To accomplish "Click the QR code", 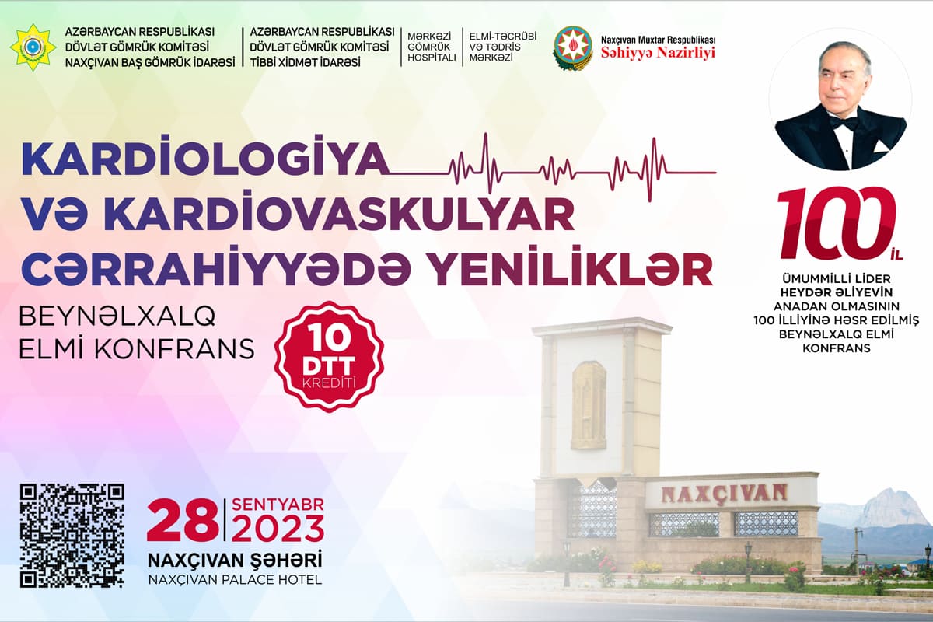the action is (72, 536).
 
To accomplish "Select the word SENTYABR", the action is (278, 505).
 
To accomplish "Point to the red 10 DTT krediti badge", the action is (329, 357).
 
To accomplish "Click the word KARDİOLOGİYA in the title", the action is (204, 159).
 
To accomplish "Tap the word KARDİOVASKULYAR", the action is (342, 215).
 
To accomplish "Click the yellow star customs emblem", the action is (33, 47).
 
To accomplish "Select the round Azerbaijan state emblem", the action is (573, 48).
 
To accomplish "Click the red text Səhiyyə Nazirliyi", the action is (658, 54).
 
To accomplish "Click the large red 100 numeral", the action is (836, 223).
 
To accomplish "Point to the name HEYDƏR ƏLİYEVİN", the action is (837, 292).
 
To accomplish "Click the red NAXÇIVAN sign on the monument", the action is (724, 494).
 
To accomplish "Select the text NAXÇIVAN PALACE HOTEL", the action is (235, 579).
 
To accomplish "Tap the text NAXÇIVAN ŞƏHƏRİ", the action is (235, 561).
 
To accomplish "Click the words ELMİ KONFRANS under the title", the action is (137, 348).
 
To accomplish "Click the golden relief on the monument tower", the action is (589, 405).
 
